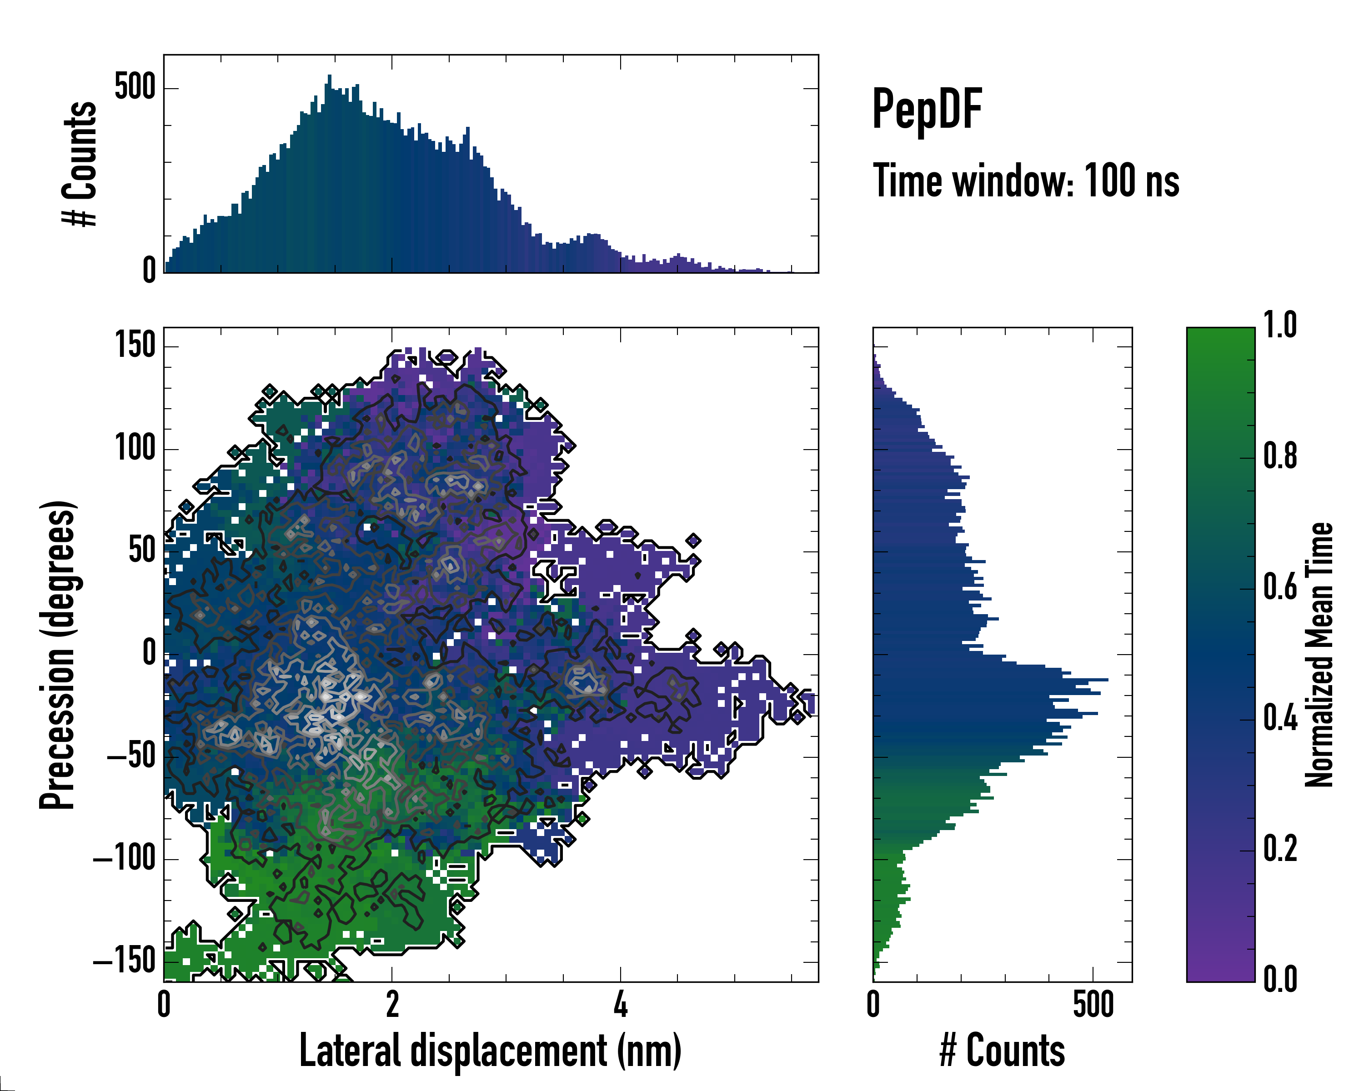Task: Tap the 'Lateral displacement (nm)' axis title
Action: click(x=490, y=1051)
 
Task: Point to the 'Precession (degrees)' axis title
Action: click(x=58, y=655)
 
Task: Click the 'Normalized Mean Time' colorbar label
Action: click(x=1319, y=655)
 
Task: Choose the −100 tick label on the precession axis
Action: click(x=125, y=858)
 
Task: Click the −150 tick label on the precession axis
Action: click(x=125, y=961)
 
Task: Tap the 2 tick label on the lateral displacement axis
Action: click(x=392, y=1004)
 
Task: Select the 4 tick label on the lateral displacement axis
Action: click(x=621, y=1004)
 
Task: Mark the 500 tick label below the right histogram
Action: click(x=1093, y=1004)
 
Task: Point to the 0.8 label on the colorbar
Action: click(x=1280, y=456)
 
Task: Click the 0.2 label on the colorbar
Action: click(x=1280, y=849)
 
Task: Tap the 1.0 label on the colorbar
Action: click(x=1280, y=325)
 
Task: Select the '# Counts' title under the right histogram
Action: click(x=1002, y=1051)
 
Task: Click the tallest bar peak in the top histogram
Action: click(x=329, y=76)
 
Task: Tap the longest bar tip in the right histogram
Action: click(x=1107, y=679)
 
